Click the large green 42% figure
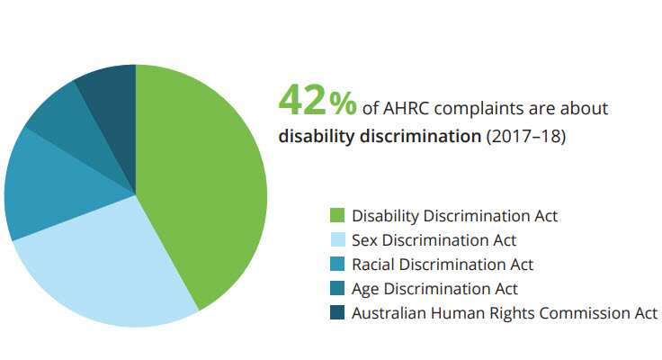coord(317,101)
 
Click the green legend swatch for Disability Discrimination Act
coord(337,216)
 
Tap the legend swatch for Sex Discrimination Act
coord(337,240)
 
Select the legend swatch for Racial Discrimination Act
coord(337,265)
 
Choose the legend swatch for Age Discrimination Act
coord(337,289)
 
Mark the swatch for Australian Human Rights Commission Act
coord(337,313)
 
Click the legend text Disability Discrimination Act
coord(454,216)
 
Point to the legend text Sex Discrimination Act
coord(434,240)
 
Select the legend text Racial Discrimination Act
coord(443,265)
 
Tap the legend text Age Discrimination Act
coord(434,289)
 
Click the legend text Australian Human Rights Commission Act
coord(505,313)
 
